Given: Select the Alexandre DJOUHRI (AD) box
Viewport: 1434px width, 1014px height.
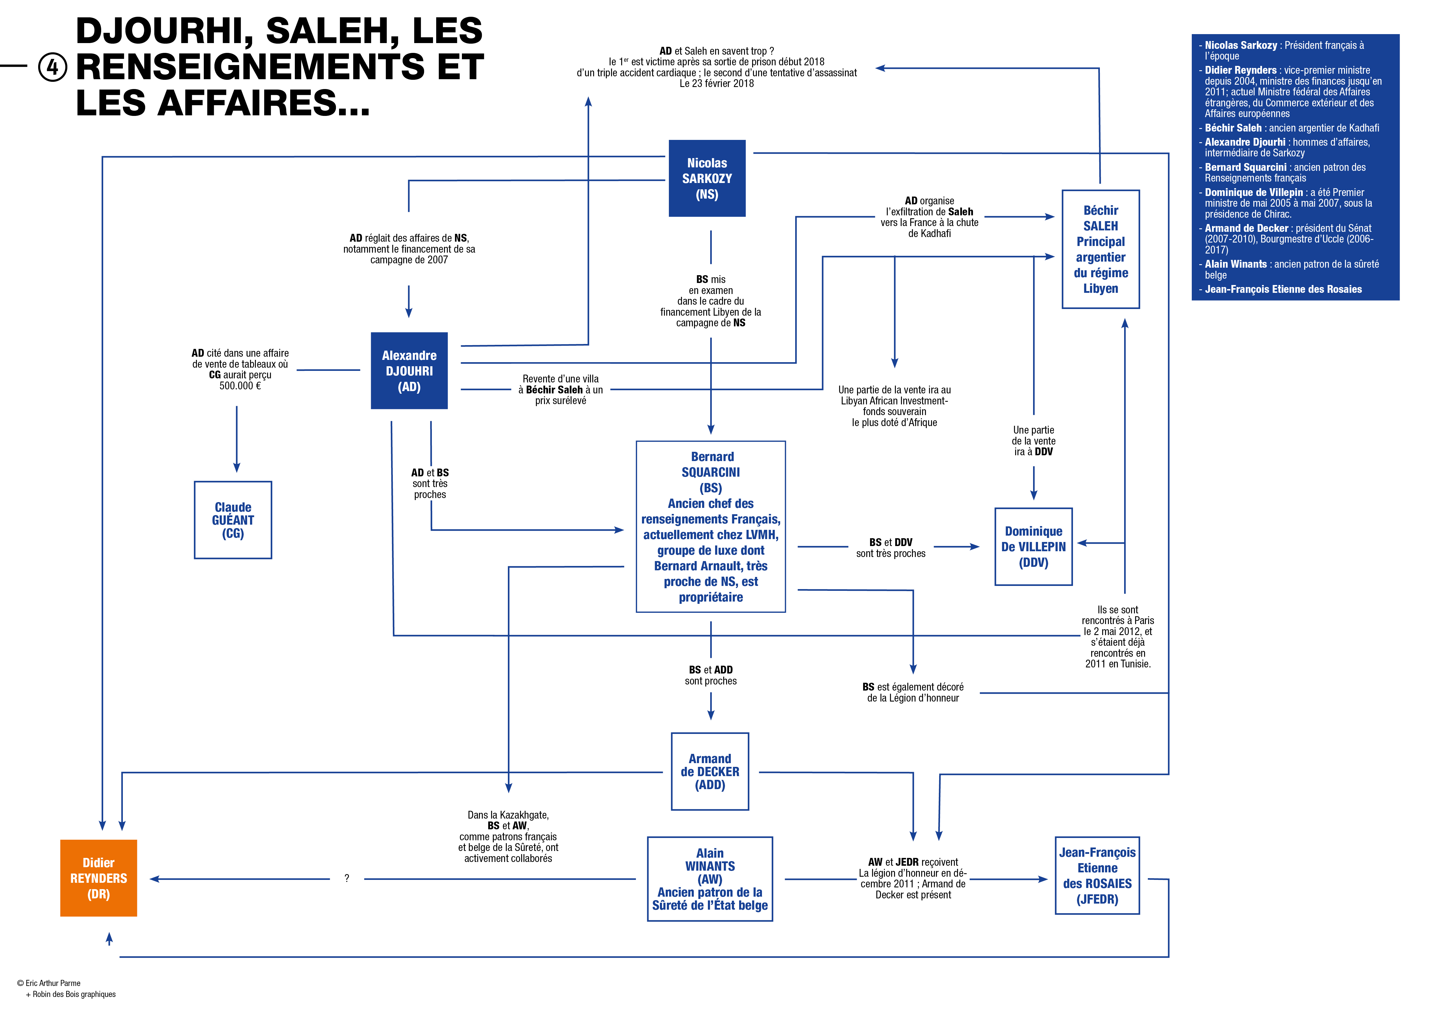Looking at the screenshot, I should coord(409,371).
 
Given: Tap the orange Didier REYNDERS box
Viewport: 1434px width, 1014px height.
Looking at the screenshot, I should coord(99,878).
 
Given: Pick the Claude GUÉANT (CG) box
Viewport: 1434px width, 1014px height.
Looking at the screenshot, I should coord(233,520).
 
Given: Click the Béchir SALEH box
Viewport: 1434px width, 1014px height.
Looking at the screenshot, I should coord(1100,249).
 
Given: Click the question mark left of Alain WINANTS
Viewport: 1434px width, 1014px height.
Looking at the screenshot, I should coord(347,878).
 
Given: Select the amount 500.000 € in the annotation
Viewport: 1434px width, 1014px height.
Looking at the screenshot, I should coord(240,386).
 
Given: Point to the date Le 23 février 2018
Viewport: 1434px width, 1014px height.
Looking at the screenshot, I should coord(716,84).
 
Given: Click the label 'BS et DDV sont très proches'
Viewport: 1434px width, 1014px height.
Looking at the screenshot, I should coord(891,547).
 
